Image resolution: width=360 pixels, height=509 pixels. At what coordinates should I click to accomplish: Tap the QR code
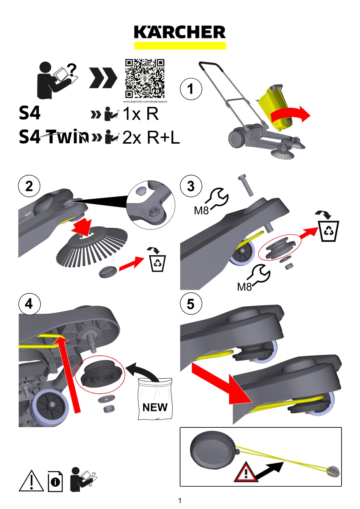click(145, 79)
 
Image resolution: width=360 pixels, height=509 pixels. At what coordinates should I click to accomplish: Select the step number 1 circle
click(191, 89)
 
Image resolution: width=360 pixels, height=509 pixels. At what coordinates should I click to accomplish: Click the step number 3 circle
click(191, 186)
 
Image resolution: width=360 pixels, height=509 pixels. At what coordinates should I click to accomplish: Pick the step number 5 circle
click(191, 304)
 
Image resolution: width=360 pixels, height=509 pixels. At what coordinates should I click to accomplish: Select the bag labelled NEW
click(155, 399)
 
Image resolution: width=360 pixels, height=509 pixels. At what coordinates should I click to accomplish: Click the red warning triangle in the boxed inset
click(246, 472)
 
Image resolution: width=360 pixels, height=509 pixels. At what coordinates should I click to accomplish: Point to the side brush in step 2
click(92, 246)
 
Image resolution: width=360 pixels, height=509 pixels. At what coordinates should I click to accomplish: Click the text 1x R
click(140, 113)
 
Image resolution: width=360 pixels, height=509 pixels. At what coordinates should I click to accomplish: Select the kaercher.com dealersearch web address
click(145, 101)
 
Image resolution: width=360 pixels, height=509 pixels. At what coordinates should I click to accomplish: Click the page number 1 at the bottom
click(180, 500)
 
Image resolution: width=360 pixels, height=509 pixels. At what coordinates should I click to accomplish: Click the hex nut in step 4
click(109, 409)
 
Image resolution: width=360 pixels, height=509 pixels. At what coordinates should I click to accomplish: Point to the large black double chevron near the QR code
click(103, 78)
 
